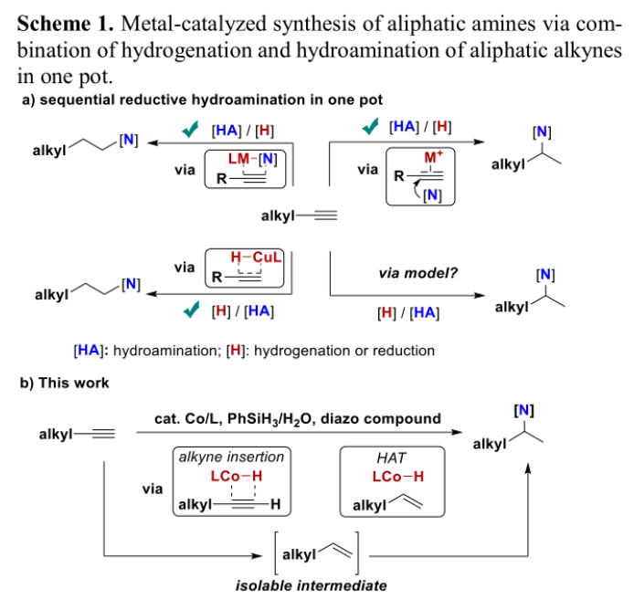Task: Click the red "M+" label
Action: (433, 158)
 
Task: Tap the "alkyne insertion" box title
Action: (231, 457)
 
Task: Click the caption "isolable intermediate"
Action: (311, 585)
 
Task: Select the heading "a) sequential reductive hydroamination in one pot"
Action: (202, 100)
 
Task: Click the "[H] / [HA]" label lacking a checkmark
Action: (407, 313)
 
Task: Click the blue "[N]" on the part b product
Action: (523, 410)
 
